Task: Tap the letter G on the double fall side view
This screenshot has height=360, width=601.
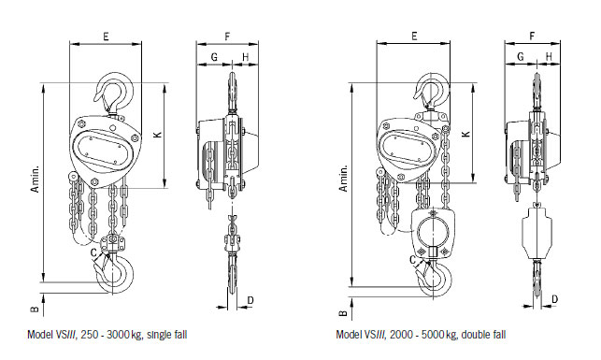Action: click(520, 57)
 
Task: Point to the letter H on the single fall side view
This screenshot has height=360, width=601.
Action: click(245, 57)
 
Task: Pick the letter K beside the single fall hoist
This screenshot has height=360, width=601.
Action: click(157, 135)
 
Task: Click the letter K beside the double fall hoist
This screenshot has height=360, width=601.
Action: click(465, 135)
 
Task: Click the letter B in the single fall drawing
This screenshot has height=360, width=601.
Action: click(34, 306)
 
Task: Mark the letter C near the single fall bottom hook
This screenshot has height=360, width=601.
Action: click(93, 252)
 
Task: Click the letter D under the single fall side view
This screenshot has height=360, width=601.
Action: click(250, 300)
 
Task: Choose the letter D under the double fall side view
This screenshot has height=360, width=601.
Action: click(555, 299)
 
